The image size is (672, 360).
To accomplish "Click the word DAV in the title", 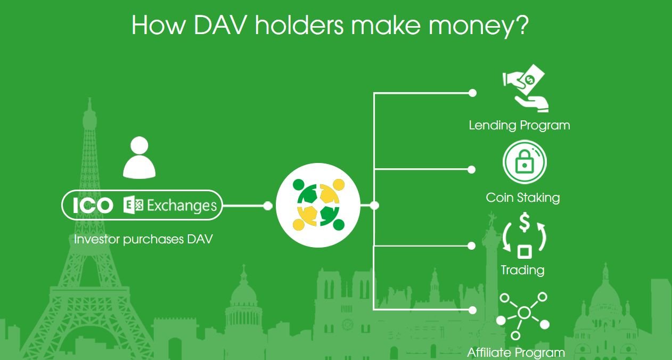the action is click(221, 25).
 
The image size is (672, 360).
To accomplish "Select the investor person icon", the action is click(139, 158).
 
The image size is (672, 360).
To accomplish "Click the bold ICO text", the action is click(93, 206).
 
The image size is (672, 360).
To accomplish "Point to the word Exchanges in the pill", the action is click(182, 206).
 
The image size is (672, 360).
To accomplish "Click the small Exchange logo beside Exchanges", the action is click(133, 206).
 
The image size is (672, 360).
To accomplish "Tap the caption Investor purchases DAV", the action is click(143, 240).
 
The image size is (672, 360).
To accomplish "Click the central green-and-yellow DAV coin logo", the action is click(318, 206).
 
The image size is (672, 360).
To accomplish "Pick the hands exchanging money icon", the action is click(525, 88).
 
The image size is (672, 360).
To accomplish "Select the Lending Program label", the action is click(519, 125).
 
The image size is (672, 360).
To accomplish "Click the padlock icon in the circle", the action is click(525, 162).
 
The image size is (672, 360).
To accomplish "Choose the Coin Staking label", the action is click(523, 198).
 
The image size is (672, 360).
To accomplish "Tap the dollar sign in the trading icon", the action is click(525, 222).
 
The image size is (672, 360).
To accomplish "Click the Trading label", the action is click(522, 270).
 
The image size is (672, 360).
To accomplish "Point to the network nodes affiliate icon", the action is click(523, 316).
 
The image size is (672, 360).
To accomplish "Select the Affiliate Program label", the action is click(516, 353).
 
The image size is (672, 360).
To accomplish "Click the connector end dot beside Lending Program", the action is click(472, 93).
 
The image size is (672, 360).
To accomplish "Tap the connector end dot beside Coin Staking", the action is click(471, 170).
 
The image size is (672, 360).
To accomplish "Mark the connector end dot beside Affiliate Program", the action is click(472, 310).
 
